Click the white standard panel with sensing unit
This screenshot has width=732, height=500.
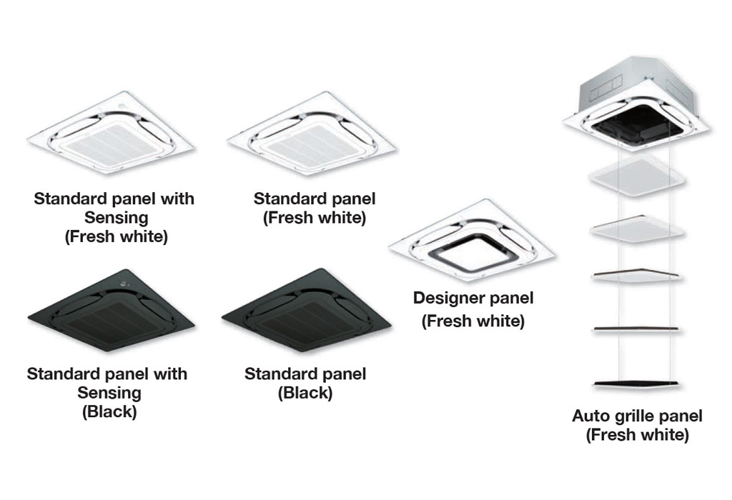(x=110, y=133)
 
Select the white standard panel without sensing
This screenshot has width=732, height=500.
(x=312, y=134)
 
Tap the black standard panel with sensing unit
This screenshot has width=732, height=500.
(x=111, y=310)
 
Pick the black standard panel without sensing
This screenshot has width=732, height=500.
(x=306, y=310)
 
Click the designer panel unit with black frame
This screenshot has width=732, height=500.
(x=472, y=240)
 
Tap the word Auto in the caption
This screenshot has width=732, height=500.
(x=586, y=416)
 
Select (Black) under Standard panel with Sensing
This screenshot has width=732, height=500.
(x=109, y=412)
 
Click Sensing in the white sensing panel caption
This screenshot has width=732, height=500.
(x=117, y=218)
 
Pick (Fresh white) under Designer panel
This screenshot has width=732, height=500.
(x=473, y=321)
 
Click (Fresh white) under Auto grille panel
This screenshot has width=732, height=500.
(x=637, y=435)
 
